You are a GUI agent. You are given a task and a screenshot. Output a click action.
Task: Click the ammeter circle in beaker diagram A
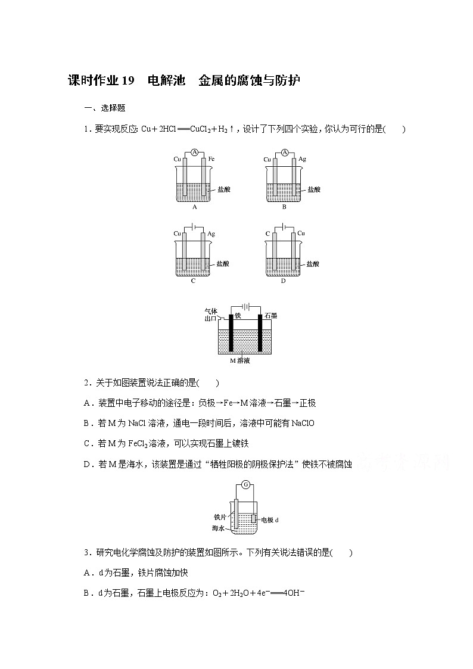[194, 153]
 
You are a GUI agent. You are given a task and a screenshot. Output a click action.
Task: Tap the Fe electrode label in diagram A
[211, 159]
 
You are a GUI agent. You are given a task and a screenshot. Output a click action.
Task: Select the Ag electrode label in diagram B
[302, 159]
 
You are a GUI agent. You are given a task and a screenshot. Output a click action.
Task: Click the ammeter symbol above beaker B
[284, 153]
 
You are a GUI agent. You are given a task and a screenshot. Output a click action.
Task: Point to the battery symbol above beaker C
[194, 226]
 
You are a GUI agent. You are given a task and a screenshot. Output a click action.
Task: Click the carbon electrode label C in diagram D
[267, 234]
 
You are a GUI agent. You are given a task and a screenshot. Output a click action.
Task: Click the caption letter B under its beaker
[284, 207]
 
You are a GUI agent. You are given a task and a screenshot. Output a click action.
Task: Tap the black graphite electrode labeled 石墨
[260, 334]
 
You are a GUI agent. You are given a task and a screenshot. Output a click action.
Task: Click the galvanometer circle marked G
[245, 484]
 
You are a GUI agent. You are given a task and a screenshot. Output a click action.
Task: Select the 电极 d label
[269, 519]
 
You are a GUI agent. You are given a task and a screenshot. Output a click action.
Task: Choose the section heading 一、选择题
[105, 108]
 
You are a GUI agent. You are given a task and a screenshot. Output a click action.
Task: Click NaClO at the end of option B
[301, 423]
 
